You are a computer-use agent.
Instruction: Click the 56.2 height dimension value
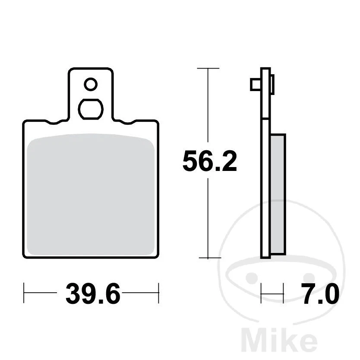209,161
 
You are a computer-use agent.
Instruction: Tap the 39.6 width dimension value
92,295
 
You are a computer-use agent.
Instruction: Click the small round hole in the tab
91,84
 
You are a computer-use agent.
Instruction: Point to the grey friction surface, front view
91,194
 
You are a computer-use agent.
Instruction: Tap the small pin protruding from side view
255,85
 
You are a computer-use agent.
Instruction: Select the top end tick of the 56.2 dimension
208,68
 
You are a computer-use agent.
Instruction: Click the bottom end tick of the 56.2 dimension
209,258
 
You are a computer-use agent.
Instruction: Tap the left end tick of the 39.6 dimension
24,293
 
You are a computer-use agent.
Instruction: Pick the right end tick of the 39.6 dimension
159,293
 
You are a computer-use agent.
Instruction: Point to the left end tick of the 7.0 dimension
262,293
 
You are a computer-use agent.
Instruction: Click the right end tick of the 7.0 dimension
284,293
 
